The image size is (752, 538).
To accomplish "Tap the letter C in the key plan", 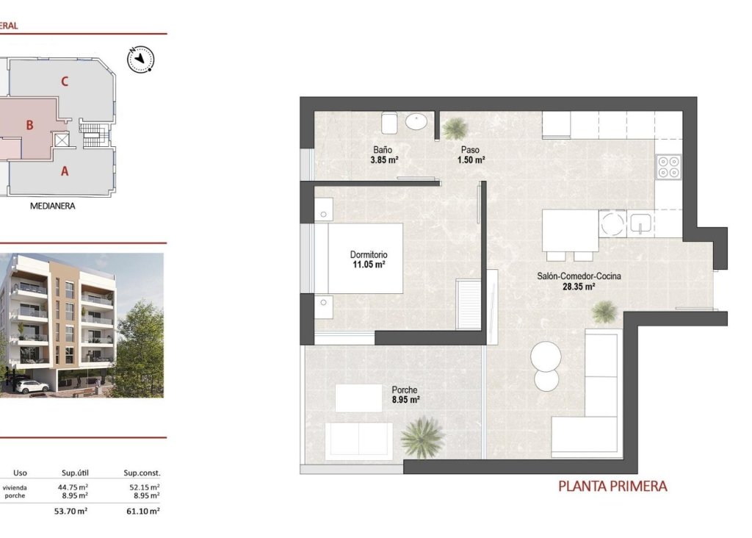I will point(65,82).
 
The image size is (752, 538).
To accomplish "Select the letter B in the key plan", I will point(29,125).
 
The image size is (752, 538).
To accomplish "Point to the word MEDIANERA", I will point(53,207).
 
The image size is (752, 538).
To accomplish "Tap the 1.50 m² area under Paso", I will point(471,159).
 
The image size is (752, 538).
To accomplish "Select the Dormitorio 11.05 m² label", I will point(368,259).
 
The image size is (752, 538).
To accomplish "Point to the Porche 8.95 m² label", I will point(405,395).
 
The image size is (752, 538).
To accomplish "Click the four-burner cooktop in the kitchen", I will point(669,168).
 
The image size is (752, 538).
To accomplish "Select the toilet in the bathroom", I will point(390,122).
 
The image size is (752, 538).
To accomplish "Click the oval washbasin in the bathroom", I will point(419,121).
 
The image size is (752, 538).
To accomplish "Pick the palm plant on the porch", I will point(422,435).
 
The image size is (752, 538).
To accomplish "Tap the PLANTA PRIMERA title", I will point(612,486).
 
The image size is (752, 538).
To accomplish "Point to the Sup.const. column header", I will point(142,473).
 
